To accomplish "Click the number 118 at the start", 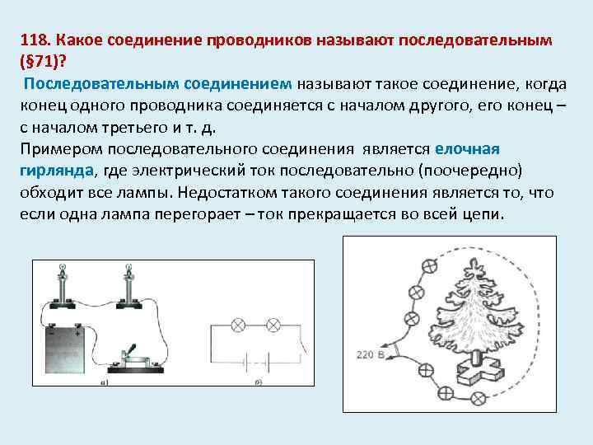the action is coord(33,40).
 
